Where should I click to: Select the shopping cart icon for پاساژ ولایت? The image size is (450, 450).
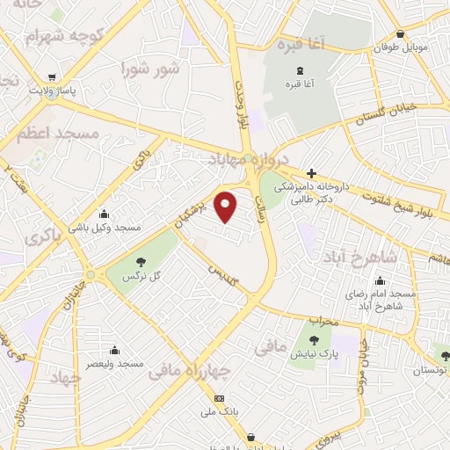point(55,76)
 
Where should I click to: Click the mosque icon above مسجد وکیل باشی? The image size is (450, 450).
point(105,213)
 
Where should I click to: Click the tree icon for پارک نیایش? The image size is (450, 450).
point(314,339)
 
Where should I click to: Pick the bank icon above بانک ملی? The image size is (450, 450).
point(219,398)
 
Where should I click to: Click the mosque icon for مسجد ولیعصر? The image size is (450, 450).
point(113,350)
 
